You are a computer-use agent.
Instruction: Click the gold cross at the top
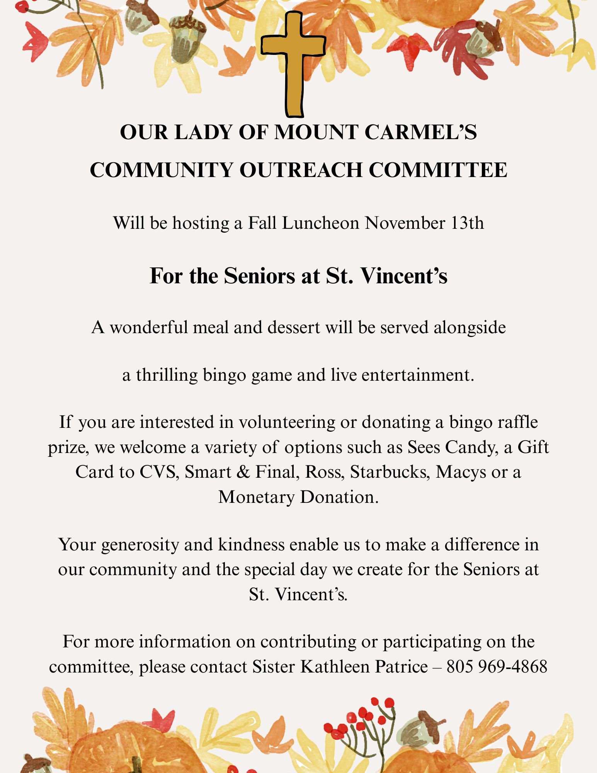click(293, 62)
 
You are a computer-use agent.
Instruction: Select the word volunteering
click(287, 422)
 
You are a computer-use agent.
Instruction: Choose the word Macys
click(461, 472)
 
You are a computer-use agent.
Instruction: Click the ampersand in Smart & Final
click(243, 472)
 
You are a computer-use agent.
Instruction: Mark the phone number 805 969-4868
click(497, 667)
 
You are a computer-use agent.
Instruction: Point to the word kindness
click(252, 545)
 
